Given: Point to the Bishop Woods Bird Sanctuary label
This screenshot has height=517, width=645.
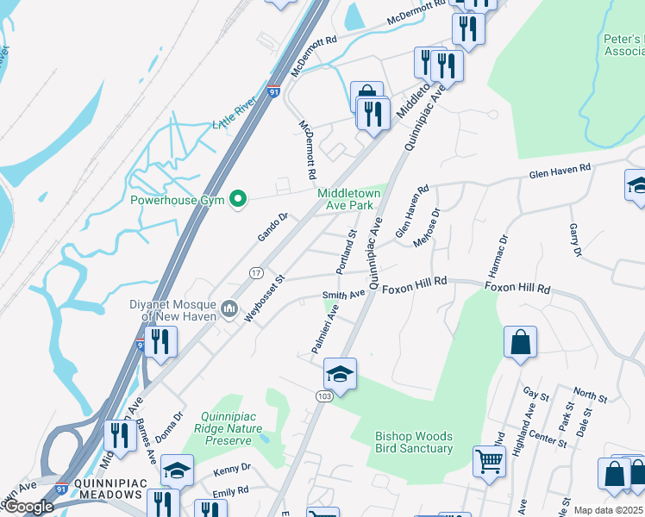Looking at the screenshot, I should pos(414,442).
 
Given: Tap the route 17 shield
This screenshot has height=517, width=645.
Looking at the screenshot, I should pos(256,272).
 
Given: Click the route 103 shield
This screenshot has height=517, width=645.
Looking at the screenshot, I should pos(323,396).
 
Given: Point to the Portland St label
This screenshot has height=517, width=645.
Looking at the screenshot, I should pos(347,252).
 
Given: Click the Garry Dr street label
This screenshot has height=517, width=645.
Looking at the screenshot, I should pos(576,240).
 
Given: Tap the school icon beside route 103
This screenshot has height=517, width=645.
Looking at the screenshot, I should pos(340,374).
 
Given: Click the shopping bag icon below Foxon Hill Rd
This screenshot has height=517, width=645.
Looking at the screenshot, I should pos(521,342).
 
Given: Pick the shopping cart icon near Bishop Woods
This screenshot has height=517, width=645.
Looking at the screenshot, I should pos(489,461).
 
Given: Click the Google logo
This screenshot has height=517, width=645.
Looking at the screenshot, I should pos(28,508).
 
